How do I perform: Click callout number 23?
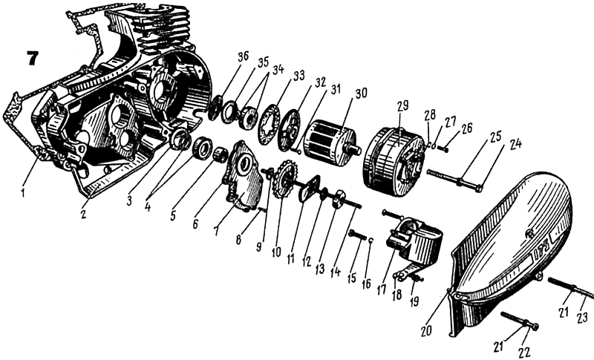click(x=581, y=317)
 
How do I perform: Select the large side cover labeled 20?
click(x=512, y=238)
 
